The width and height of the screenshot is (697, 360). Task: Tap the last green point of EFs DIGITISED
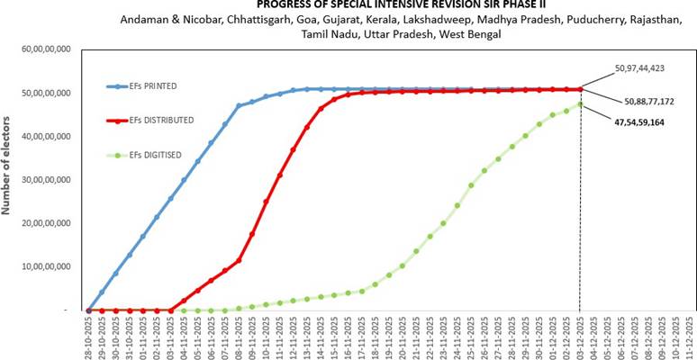[580, 103]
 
